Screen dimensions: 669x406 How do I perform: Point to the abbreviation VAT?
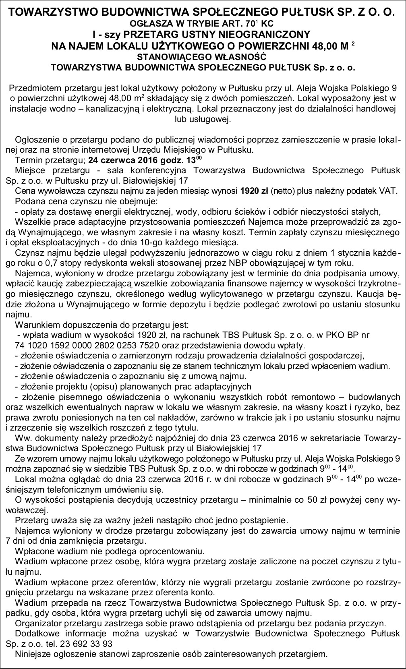(x=381, y=191)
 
